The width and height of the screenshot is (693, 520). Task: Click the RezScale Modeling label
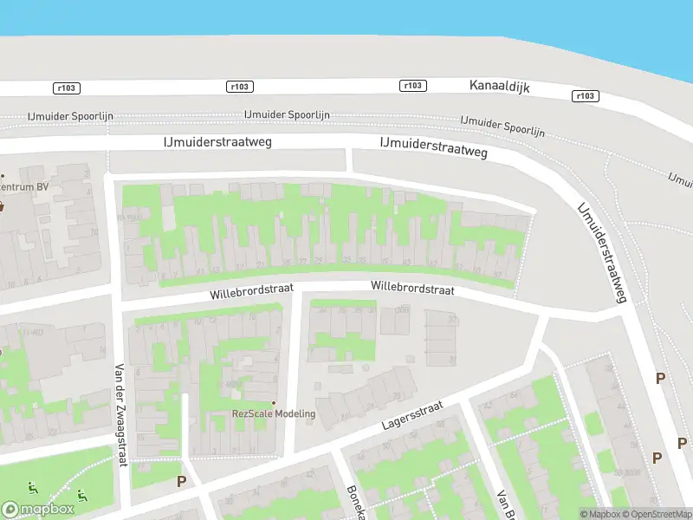coord(274,414)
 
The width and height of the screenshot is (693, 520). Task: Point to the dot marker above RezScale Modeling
coord(274,403)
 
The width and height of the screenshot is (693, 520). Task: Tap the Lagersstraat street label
coord(412,418)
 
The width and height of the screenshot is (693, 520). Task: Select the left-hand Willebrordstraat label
coord(252,291)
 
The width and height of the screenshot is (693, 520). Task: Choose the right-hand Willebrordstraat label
coord(412,289)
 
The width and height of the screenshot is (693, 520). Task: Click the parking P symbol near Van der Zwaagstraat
coord(181,481)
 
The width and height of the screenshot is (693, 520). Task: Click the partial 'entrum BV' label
coord(24,186)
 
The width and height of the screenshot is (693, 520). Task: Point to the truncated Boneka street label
coord(354,501)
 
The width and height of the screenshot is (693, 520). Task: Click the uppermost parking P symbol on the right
coord(660,378)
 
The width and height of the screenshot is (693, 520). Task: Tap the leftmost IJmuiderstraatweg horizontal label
coord(217,140)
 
